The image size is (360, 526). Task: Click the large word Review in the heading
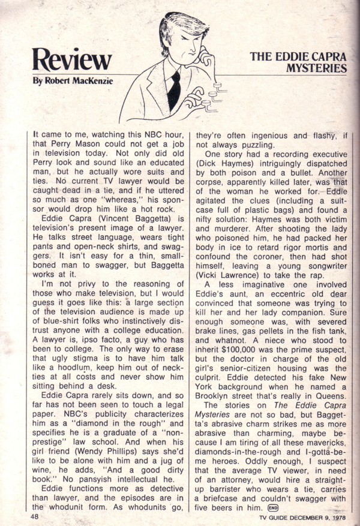tap(73, 59)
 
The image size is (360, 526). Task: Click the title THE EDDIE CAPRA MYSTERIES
tap(299, 62)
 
